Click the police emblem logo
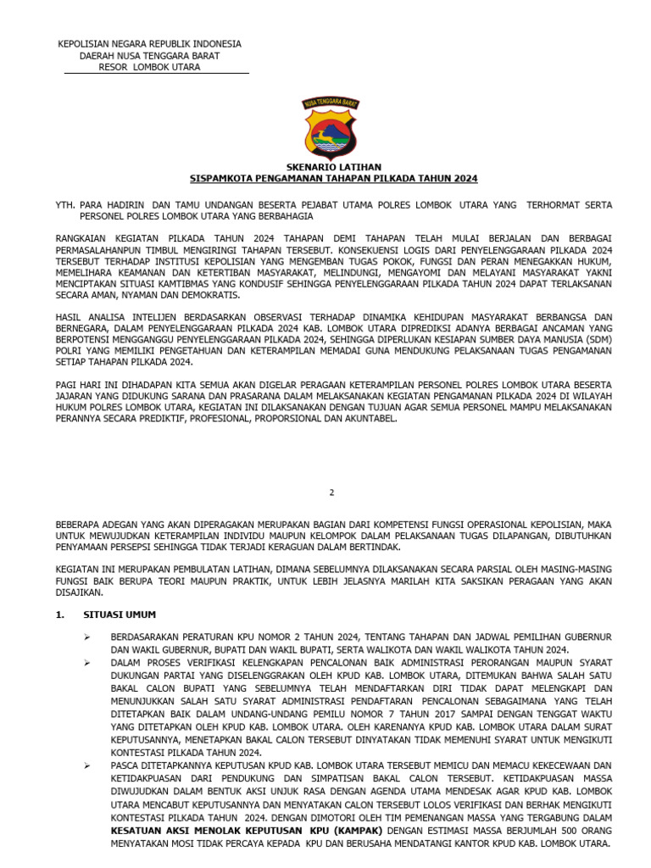(331, 128)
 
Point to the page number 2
(332, 492)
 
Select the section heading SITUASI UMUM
(120, 615)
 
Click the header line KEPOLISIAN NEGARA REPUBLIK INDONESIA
(149, 44)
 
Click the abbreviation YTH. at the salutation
(65, 205)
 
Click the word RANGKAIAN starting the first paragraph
(86, 239)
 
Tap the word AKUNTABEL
(369, 418)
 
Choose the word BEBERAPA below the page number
(83, 524)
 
